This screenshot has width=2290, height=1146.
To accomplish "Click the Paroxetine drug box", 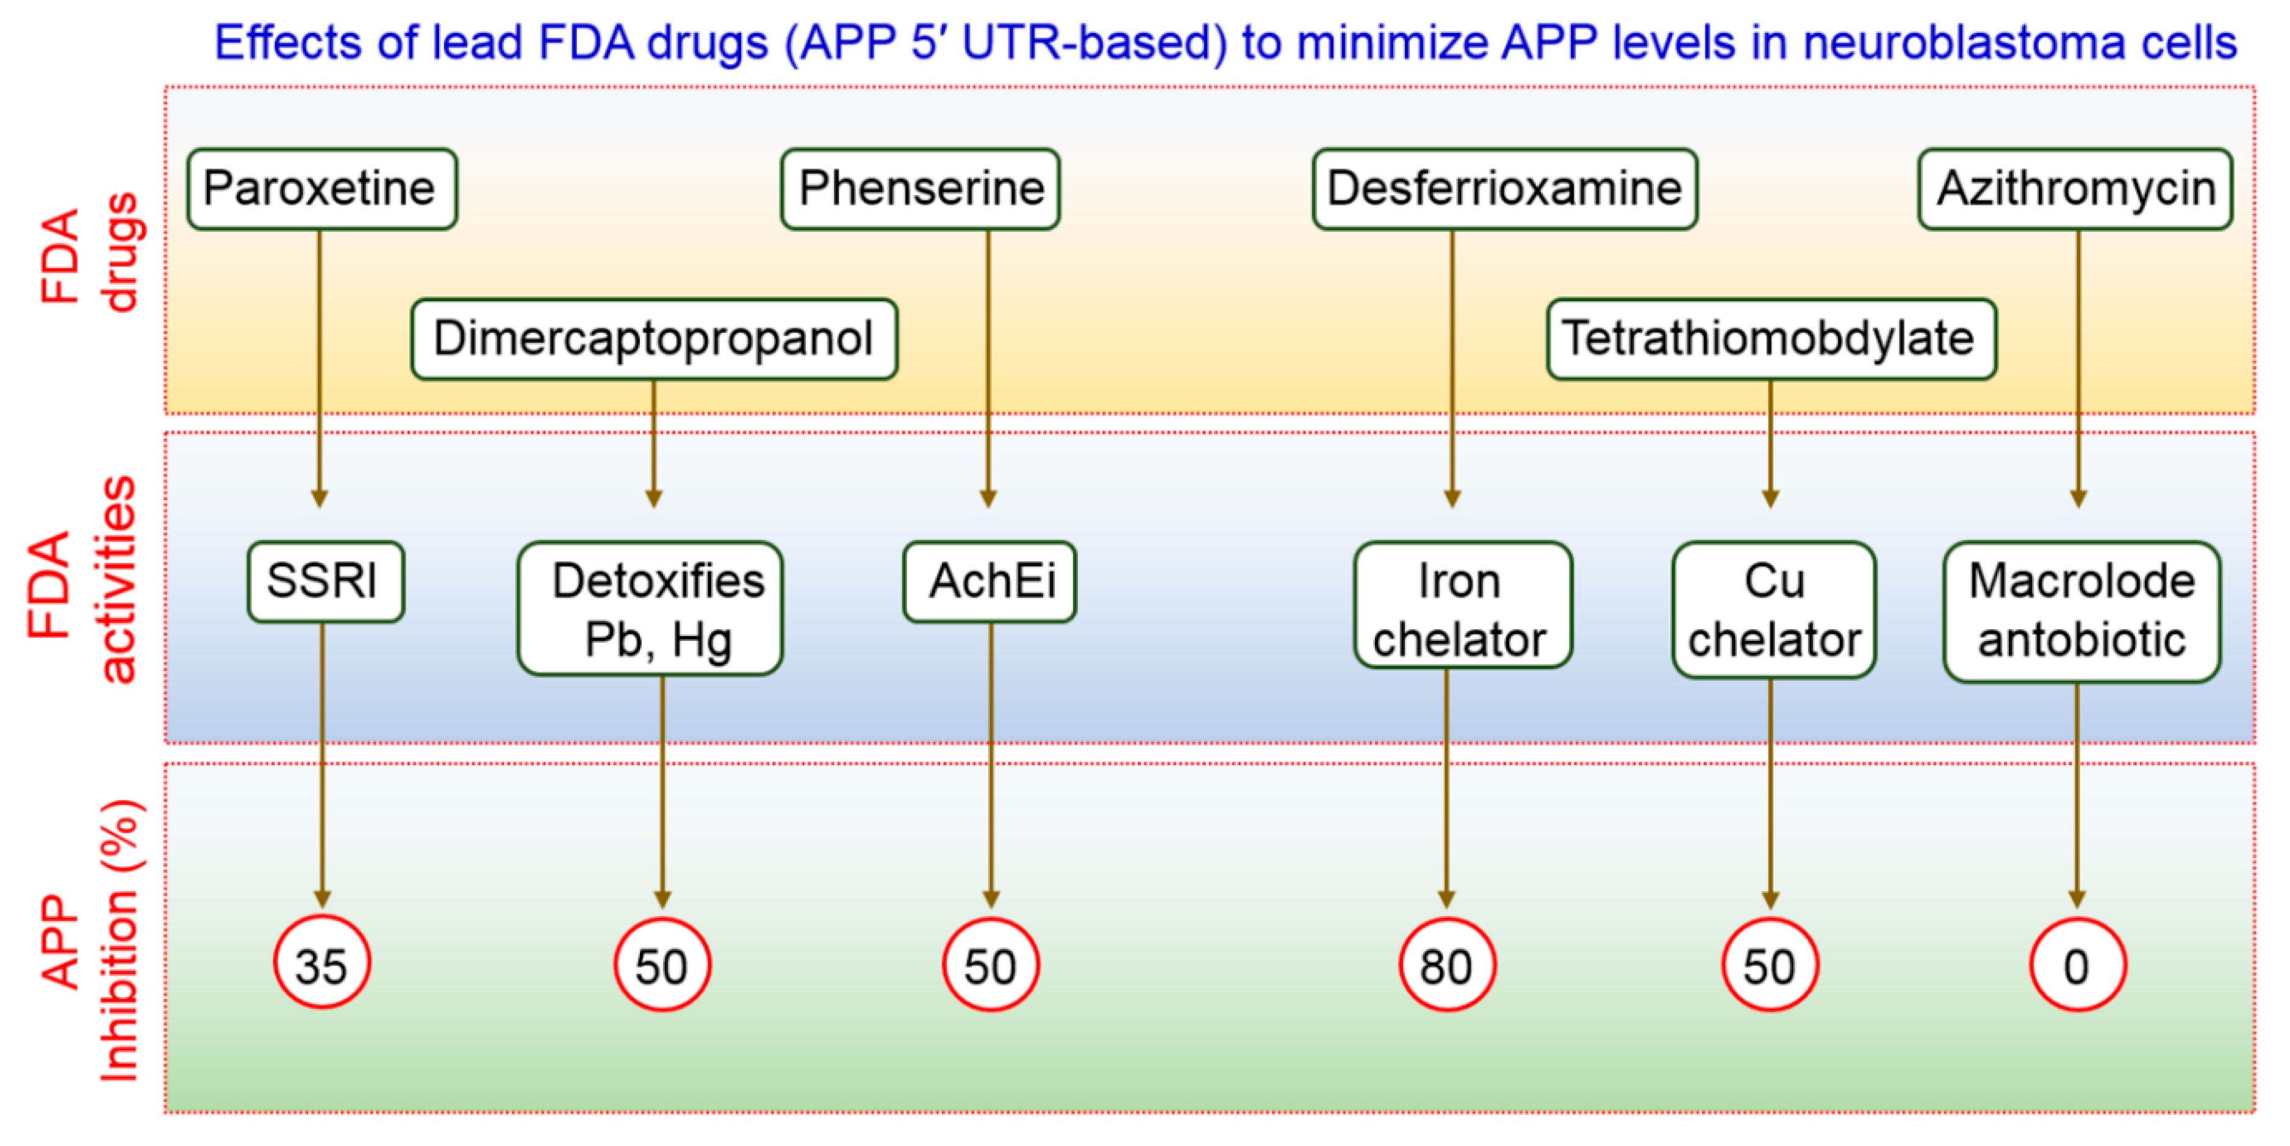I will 321,188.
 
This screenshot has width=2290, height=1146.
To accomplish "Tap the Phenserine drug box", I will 920,188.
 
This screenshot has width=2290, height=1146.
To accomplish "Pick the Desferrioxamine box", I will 1504,188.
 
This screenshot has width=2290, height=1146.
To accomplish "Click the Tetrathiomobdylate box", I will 1771,338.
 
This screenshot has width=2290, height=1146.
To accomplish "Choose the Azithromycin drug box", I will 2075,188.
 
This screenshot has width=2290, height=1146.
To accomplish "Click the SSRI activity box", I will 325,581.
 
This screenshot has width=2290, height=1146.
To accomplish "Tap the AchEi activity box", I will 989,581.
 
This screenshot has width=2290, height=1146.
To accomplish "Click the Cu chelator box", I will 1773,609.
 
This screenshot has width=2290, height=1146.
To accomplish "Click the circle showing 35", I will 322,963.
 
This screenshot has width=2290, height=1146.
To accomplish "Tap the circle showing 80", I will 1446,965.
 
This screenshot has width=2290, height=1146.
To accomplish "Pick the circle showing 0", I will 2076,965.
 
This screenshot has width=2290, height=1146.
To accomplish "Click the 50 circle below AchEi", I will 990,965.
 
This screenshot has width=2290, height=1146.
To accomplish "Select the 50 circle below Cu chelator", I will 1769,965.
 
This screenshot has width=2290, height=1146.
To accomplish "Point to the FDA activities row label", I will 82,579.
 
